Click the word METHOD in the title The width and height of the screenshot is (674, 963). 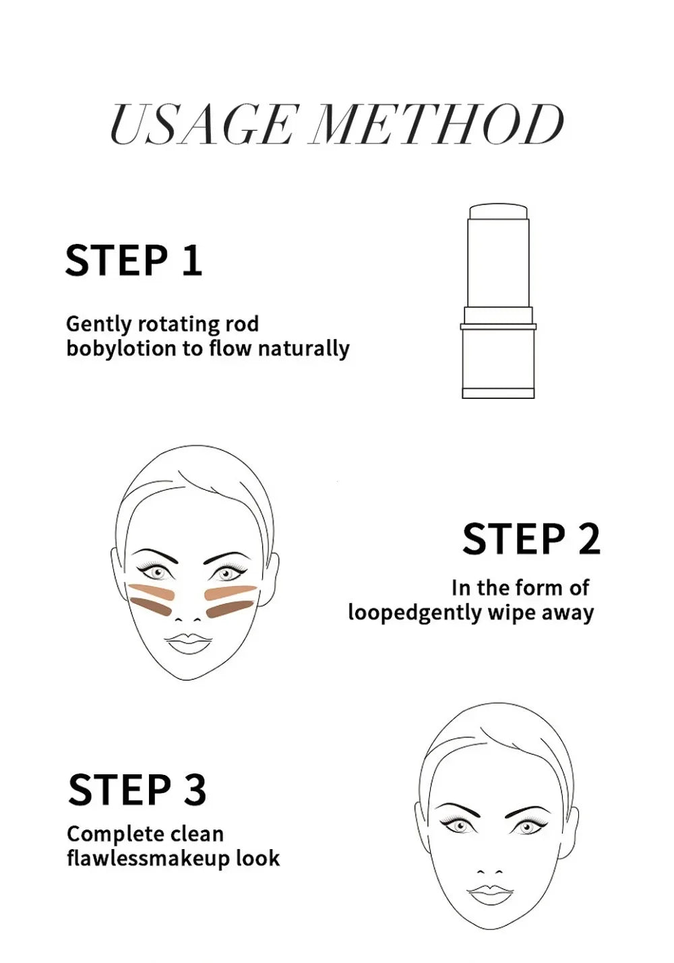[x=437, y=125]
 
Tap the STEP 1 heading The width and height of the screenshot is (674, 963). [x=133, y=261]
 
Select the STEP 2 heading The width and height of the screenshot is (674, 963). [x=531, y=539]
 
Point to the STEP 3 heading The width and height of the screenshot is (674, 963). [x=137, y=790]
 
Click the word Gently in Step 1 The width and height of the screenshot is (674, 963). [x=98, y=324]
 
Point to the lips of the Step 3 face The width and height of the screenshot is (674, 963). [x=490, y=894]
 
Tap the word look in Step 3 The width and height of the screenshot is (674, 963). [x=257, y=859]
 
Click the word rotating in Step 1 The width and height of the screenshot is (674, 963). [x=178, y=324]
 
